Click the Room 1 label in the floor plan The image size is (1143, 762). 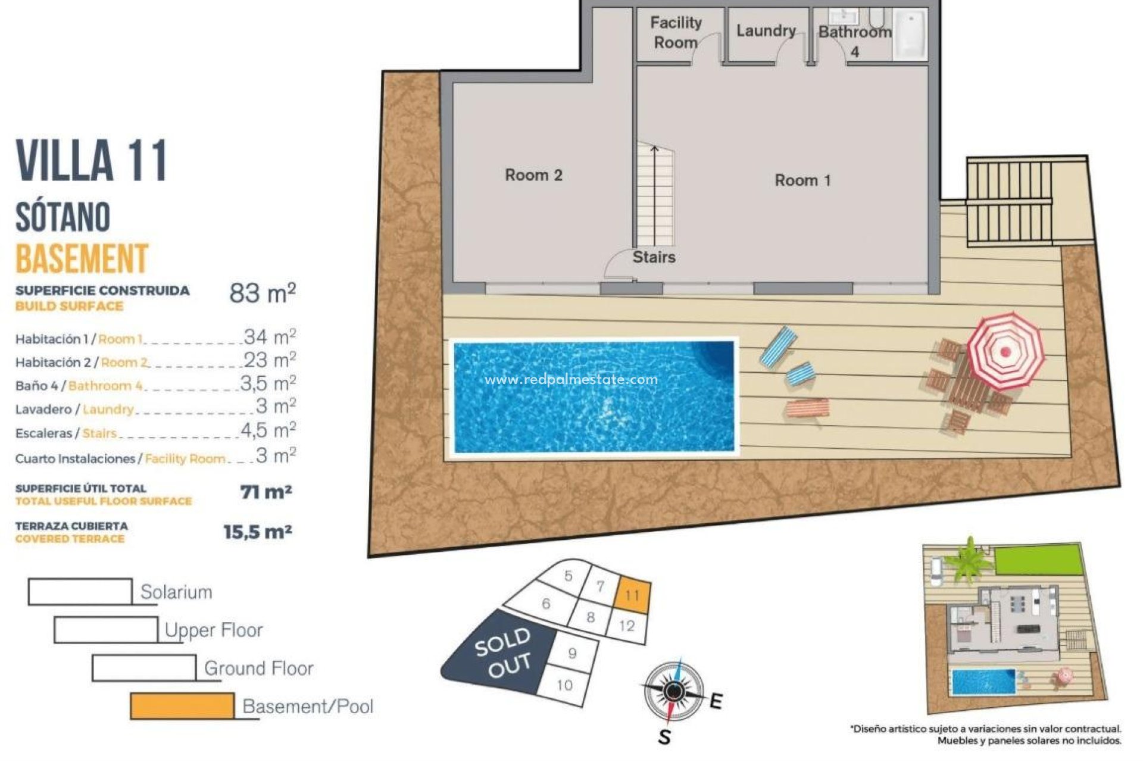pyautogui.click(x=802, y=180)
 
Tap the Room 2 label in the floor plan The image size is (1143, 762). pyautogui.click(x=533, y=175)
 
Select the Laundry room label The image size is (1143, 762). pyautogui.click(x=766, y=30)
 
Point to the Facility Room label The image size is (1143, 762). pyautogui.click(x=676, y=33)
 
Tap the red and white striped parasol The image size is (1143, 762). pyautogui.click(x=1005, y=351)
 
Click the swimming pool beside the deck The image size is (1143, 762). pyautogui.click(x=594, y=396)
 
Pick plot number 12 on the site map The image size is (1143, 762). pyautogui.click(x=627, y=626)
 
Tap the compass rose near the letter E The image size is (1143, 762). pyautogui.click(x=673, y=691)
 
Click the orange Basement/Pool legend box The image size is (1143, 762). pyautogui.click(x=182, y=706)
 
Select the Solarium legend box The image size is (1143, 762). pyautogui.click(x=80, y=592)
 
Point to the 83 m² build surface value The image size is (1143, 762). pyautogui.click(x=263, y=293)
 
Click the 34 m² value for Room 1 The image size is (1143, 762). pyautogui.click(x=270, y=337)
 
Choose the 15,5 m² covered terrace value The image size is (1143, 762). pyautogui.click(x=257, y=532)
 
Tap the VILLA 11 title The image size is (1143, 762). pyautogui.click(x=91, y=161)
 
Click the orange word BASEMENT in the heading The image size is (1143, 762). pyautogui.click(x=82, y=259)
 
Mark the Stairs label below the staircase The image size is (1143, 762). pyautogui.click(x=654, y=257)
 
